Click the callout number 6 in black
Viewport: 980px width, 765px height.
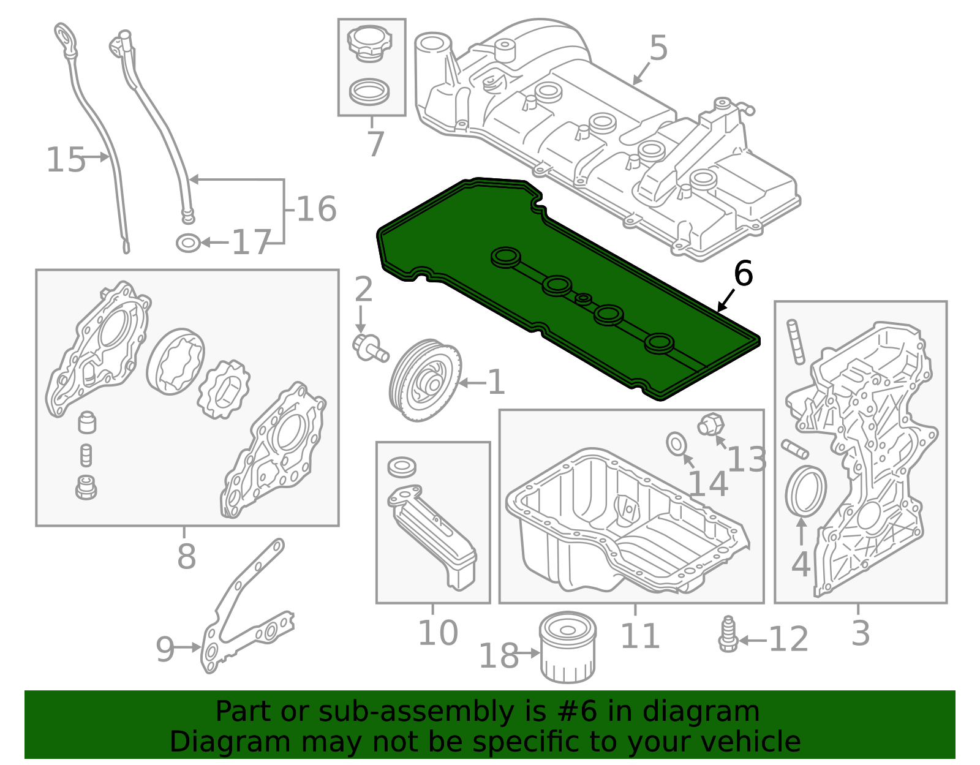click(742, 273)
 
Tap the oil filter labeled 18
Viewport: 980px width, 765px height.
click(568, 648)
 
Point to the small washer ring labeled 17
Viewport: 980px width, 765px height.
click(188, 243)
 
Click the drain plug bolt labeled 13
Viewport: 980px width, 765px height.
click(711, 424)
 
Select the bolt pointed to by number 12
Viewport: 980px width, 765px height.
click(728, 636)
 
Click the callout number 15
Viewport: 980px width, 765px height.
click(66, 160)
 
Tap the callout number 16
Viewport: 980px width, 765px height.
click(316, 209)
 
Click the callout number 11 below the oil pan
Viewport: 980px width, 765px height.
click(639, 636)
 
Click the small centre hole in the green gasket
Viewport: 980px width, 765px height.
click(584, 298)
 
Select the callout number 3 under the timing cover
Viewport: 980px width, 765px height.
click(860, 633)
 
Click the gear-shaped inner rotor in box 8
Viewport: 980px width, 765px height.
click(224, 389)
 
